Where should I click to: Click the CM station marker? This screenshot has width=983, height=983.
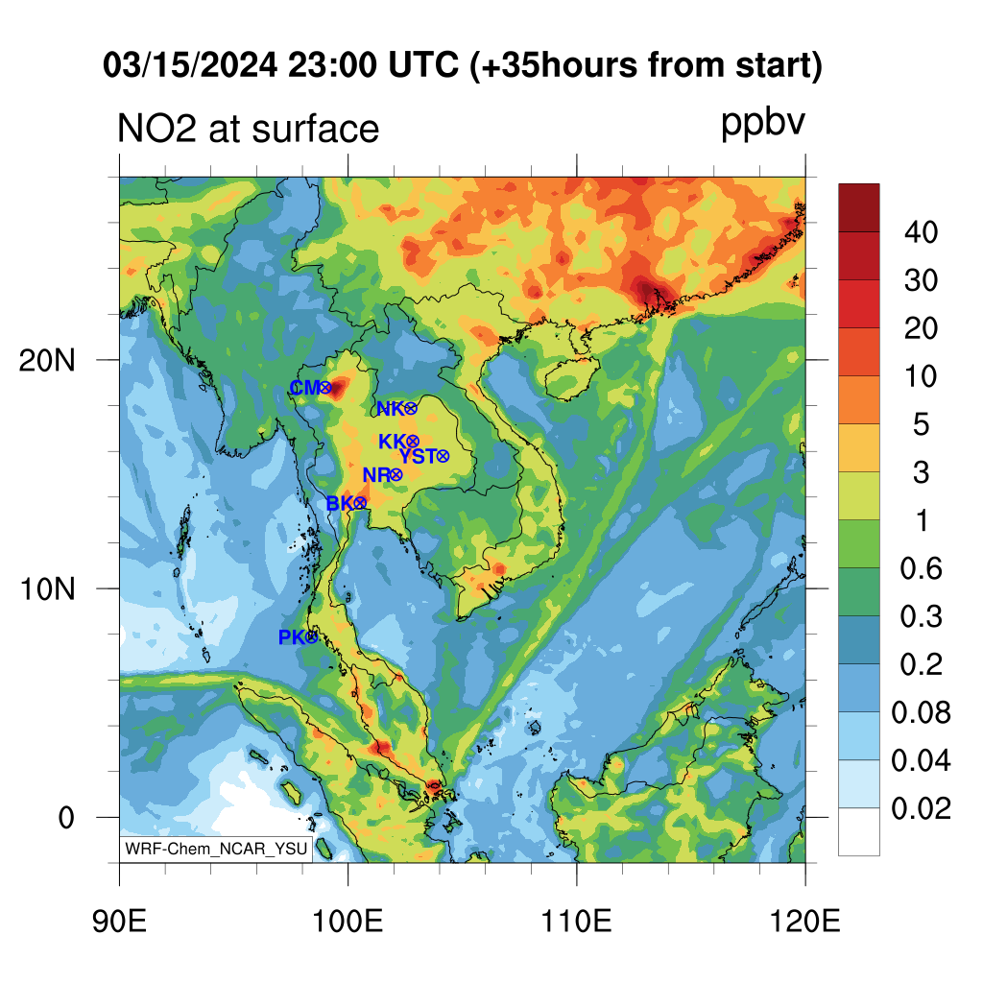point(325,388)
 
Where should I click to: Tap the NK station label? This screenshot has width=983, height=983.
point(390,409)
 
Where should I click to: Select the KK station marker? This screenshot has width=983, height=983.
point(413,442)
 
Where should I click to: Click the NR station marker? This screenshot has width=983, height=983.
point(396,475)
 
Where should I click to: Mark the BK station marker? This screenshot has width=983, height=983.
point(360,503)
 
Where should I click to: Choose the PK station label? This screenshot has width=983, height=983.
point(292,637)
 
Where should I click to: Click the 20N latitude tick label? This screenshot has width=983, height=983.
point(47,361)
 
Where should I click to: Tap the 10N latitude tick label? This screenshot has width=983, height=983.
point(47,590)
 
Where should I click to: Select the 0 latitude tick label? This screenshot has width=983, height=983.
point(66,818)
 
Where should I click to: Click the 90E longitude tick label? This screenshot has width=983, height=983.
point(119,922)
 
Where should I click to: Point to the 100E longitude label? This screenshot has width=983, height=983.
point(348,922)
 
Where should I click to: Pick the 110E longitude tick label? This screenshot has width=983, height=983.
point(576,922)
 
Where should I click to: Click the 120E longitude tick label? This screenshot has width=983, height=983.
point(805,922)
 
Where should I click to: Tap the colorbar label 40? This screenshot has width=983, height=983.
point(921,232)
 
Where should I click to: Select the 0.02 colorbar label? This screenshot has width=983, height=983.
point(921,809)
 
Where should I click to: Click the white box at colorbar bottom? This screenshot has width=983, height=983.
point(859,832)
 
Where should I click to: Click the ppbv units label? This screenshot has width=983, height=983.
point(762,124)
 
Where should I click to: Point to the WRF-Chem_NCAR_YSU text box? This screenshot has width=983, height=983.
point(216,849)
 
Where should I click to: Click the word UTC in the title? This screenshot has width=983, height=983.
point(423,64)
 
